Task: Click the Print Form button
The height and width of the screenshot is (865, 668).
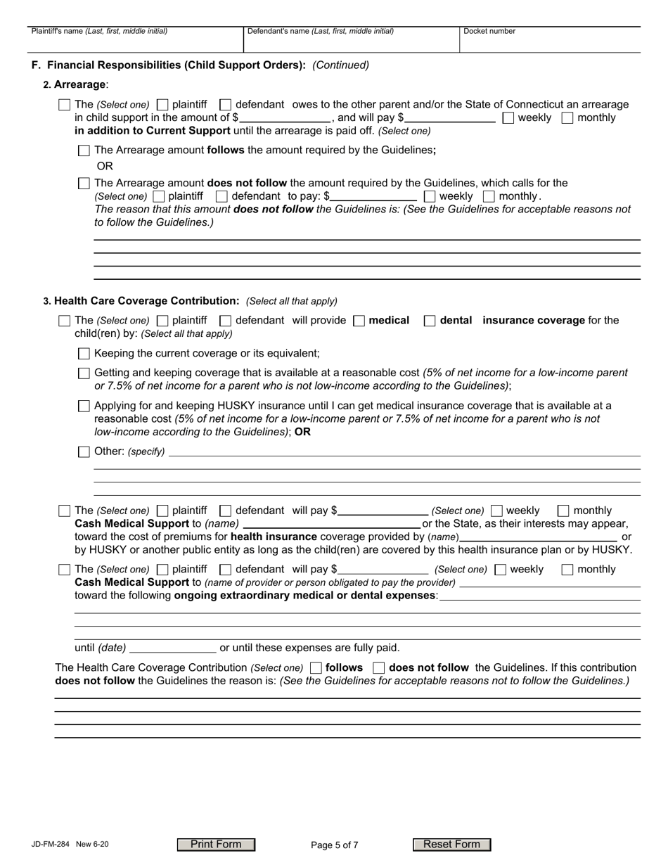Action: pos(216,845)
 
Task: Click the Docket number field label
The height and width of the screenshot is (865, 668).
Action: pos(489,31)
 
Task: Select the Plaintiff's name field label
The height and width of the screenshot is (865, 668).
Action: pos(99,31)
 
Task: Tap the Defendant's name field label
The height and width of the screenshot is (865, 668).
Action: pos(320,31)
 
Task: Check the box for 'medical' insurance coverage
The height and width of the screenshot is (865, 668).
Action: pos(359,321)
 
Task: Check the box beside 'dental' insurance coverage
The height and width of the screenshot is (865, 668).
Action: pos(430,321)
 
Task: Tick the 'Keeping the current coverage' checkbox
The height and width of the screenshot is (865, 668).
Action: pos(84,354)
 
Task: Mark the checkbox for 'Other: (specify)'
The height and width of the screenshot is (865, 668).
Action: pos(84,452)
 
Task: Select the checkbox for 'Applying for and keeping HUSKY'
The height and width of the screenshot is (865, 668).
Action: pos(84,406)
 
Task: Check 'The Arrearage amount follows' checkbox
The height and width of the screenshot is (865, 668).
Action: pos(84,150)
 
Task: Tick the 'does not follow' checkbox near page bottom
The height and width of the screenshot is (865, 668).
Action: pos(378,668)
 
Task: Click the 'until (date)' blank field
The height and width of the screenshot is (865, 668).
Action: pos(173,648)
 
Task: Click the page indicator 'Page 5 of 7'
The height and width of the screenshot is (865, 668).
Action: pos(335,845)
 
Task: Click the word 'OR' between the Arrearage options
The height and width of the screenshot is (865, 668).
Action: pos(105,166)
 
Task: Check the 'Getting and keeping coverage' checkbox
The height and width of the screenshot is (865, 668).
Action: pos(84,373)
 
